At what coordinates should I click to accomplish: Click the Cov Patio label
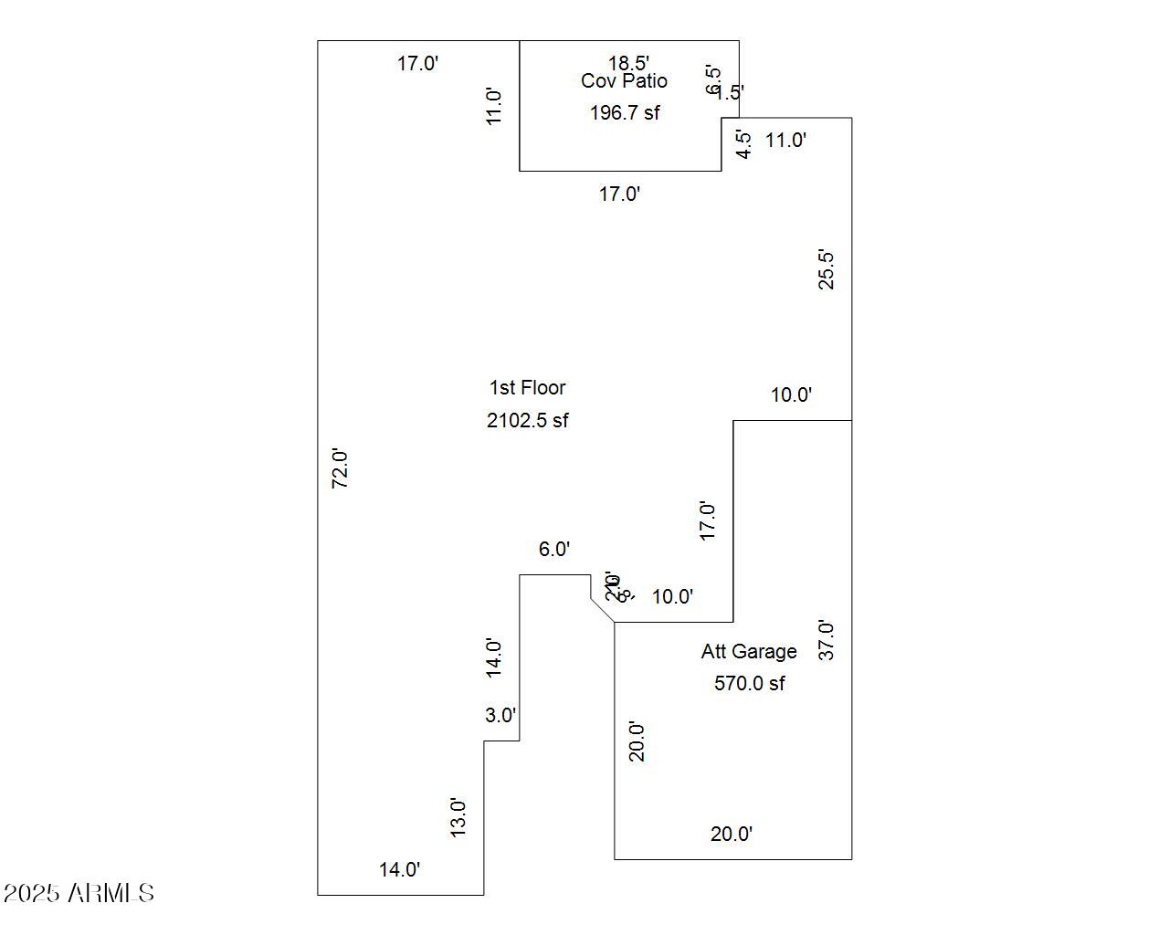[x=624, y=81]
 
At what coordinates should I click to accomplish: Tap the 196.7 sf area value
[x=625, y=113]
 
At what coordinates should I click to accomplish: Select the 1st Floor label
[x=528, y=388]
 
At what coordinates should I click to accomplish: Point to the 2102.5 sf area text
[x=528, y=421]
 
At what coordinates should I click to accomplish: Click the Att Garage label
[x=749, y=652]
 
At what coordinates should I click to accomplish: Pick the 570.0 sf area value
[x=749, y=684]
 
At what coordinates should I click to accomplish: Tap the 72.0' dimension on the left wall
[x=340, y=468]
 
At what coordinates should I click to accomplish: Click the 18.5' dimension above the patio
[x=629, y=63]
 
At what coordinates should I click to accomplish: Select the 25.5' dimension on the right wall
[x=826, y=269]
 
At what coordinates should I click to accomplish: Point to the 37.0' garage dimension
[x=826, y=640]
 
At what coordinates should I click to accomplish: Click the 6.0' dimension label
[x=554, y=550]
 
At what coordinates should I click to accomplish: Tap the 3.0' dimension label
[x=500, y=716]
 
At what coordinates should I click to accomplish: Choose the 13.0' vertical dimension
[x=458, y=817]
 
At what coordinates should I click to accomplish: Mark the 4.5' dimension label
[x=745, y=145]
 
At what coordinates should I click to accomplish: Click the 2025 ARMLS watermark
[x=79, y=893]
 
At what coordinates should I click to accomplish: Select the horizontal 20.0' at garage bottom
[x=732, y=835]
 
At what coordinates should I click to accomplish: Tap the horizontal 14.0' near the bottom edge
[x=400, y=870]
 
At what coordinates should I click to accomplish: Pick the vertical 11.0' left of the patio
[x=494, y=107]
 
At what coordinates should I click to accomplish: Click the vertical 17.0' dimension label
[x=708, y=520]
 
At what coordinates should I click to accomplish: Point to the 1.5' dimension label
[x=731, y=92]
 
